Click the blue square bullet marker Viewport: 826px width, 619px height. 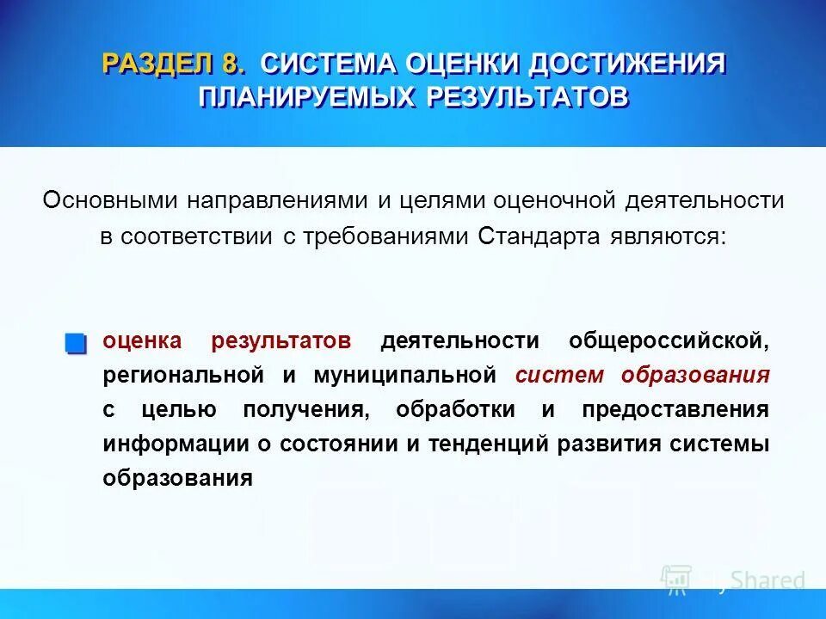(76, 343)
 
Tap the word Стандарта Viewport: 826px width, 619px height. (531, 236)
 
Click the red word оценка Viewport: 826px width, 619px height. (142, 340)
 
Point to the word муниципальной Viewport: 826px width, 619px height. (405, 375)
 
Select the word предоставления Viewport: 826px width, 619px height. (675, 409)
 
